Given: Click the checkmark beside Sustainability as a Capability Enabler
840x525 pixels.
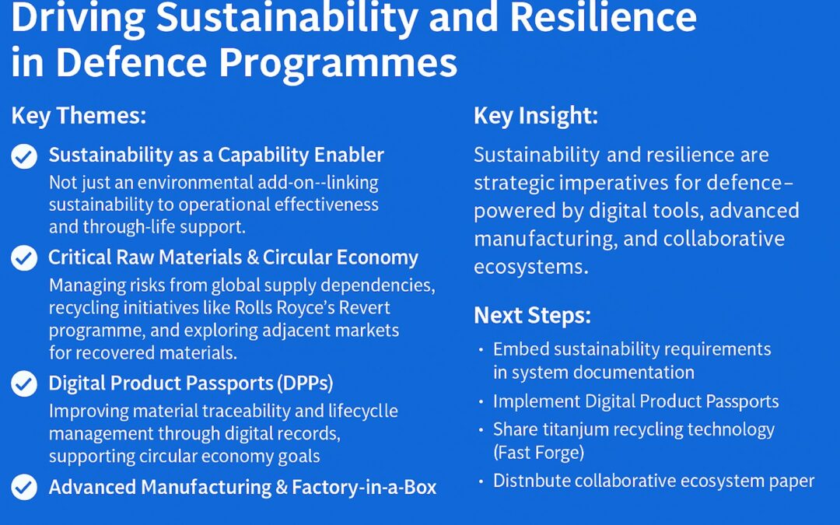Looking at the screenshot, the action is tap(24, 156).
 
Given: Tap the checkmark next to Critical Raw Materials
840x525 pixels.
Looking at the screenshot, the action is tap(24, 258).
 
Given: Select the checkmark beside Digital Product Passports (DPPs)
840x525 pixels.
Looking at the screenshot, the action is tap(24, 383).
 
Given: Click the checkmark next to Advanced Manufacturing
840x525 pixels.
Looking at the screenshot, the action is tap(24, 487).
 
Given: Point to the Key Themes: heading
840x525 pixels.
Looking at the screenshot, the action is tap(79, 116).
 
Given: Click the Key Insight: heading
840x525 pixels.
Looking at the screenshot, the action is tap(536, 116).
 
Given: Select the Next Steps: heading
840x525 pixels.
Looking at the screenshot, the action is tap(533, 316).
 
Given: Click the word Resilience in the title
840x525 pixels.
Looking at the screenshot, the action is tap(604, 17).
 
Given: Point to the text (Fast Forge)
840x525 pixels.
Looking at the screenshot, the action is tap(538, 453).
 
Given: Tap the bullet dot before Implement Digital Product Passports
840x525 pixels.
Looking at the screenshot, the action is tap(481, 402).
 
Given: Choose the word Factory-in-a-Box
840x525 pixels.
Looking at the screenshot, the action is tap(364, 488).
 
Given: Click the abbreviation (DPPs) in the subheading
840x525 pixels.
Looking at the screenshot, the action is tap(305, 383).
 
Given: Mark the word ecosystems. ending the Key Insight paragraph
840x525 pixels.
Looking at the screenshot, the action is tap(531, 267).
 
